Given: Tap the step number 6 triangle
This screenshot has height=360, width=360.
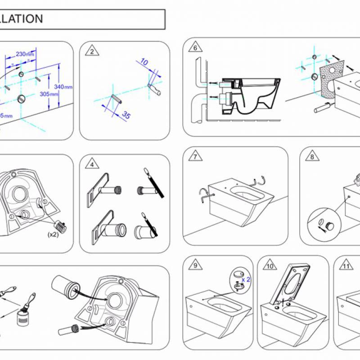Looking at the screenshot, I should click(x=195, y=48).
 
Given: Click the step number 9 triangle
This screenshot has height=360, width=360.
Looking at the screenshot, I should click(x=195, y=265).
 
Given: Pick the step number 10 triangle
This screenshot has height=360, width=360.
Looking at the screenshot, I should click(x=270, y=265).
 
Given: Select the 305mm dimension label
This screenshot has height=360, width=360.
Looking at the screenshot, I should click(x=49, y=94).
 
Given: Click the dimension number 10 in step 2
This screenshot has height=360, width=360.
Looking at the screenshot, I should click(x=144, y=62).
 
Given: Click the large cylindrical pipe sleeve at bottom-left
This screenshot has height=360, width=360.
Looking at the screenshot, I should click(x=66, y=286).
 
